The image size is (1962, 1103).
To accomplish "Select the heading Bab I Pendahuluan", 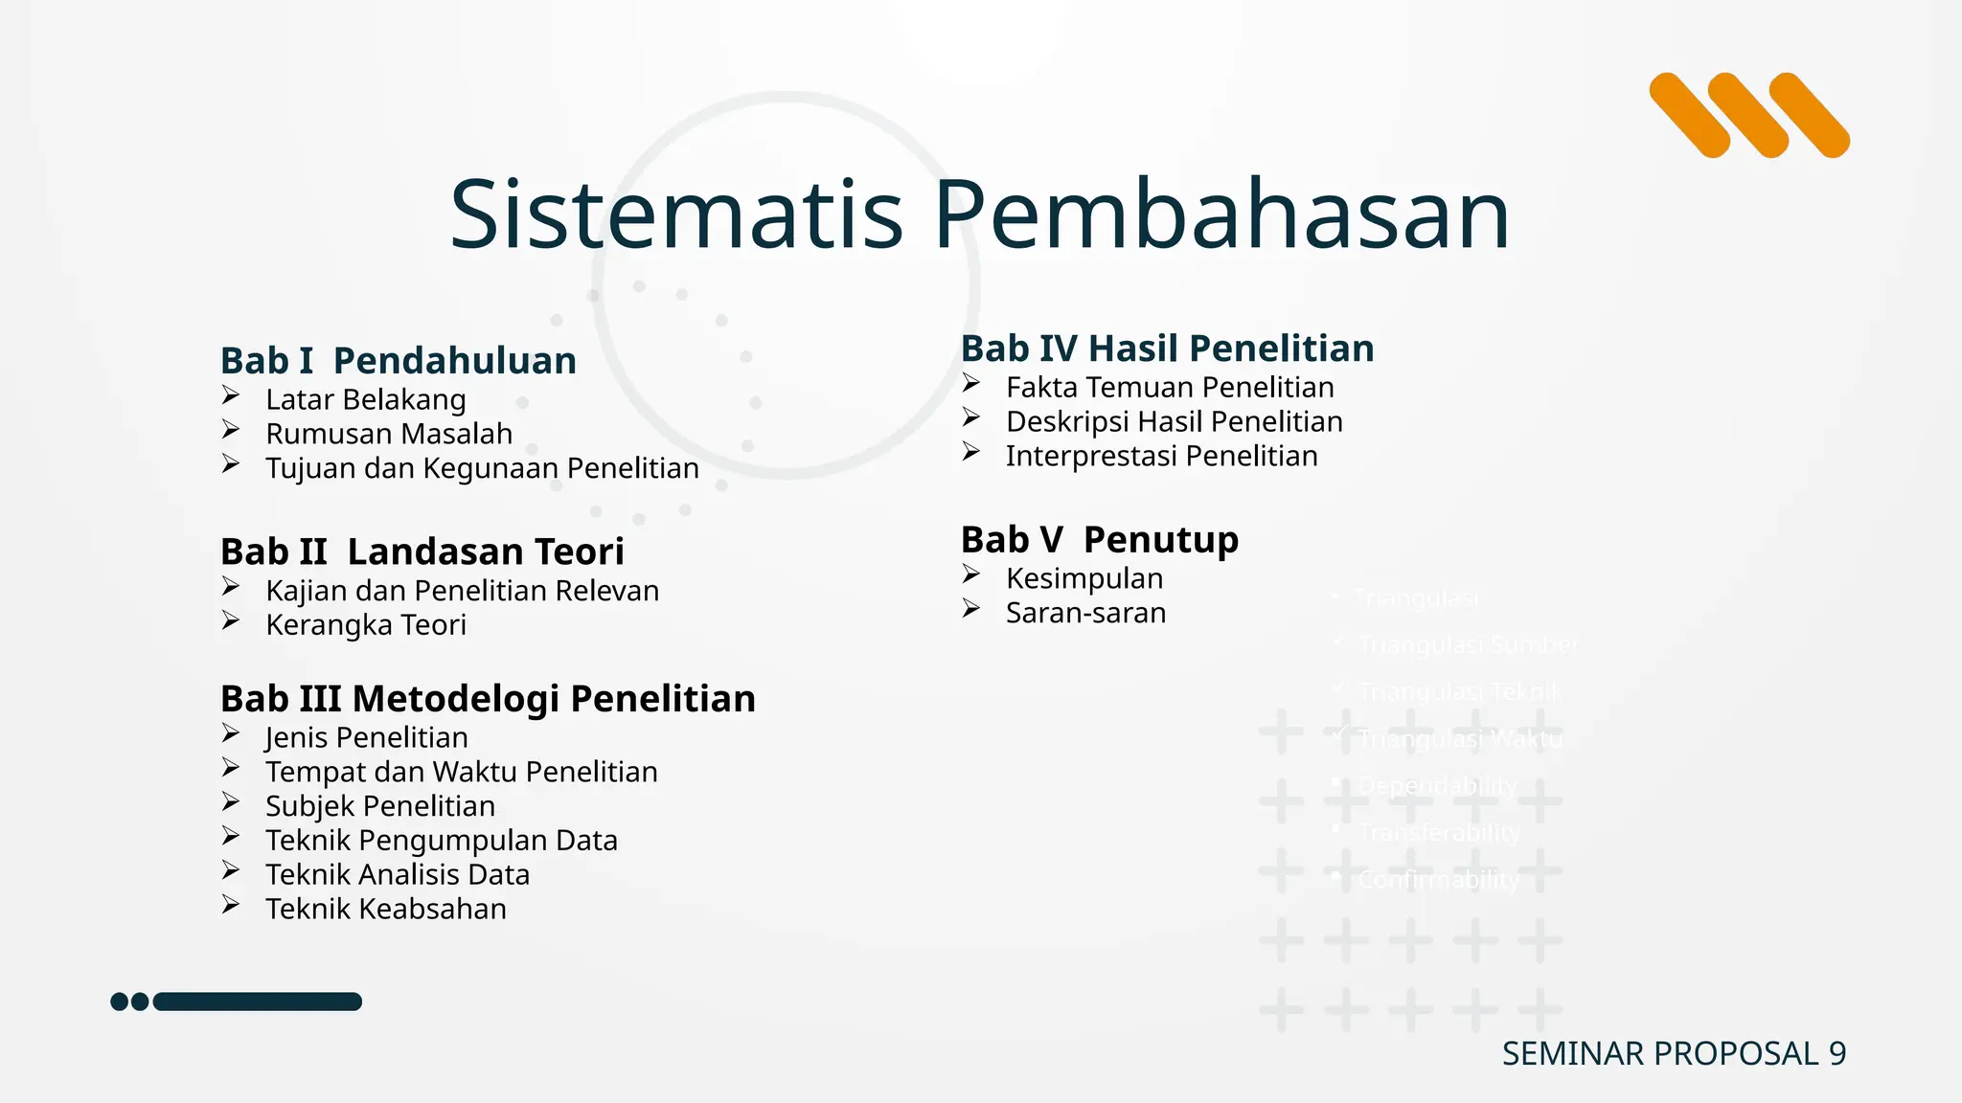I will click(x=399, y=361).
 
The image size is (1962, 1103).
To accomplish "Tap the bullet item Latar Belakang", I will click(x=366, y=399).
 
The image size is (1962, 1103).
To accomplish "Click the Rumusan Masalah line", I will click(x=389, y=434).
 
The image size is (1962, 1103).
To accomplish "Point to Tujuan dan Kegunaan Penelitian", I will click(x=482, y=468).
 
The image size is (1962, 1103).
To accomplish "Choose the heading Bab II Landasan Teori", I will click(x=422, y=551).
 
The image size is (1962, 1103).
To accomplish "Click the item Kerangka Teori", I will click(x=366, y=625).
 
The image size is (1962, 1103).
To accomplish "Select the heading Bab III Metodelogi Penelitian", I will click(x=488, y=699).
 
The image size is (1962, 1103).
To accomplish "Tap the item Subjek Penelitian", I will click(x=380, y=806).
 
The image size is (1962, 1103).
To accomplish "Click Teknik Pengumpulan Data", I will click(x=442, y=841).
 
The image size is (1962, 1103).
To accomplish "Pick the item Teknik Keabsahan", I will click(x=386, y=909).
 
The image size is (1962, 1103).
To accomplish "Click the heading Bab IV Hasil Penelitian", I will click(x=1167, y=349).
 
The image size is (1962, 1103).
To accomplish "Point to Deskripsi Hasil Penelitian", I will click(x=1174, y=422).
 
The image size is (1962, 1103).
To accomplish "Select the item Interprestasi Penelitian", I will click(x=1161, y=457).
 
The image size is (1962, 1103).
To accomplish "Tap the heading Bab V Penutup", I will click(x=1100, y=540).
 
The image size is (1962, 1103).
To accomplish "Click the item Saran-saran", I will click(x=1085, y=613).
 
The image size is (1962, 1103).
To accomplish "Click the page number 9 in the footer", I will click(x=1837, y=1053).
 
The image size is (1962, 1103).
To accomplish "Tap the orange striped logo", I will click(x=1749, y=115).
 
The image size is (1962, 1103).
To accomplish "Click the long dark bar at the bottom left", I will click(x=258, y=1002).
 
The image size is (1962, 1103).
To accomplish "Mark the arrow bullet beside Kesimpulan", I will click(x=971, y=574).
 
